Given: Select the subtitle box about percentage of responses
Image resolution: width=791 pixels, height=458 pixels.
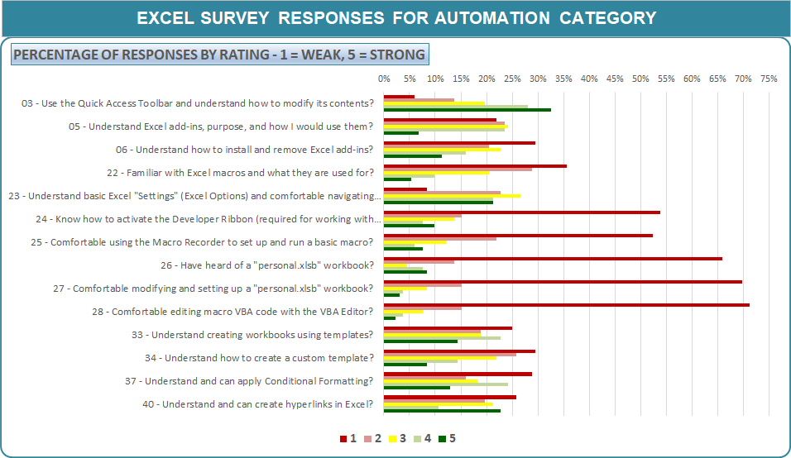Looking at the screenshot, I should click(219, 55).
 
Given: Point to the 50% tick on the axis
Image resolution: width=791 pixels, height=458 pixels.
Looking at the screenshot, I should click(640, 79).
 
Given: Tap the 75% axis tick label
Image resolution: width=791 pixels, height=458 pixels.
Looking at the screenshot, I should click(769, 79).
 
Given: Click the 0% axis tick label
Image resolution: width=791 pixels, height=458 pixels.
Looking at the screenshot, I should click(384, 79).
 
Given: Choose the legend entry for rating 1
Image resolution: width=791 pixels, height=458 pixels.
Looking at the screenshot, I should click(348, 438).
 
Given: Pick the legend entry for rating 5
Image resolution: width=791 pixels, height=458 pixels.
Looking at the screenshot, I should click(447, 438).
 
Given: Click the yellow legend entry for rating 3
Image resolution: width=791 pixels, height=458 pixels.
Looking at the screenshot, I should click(398, 438).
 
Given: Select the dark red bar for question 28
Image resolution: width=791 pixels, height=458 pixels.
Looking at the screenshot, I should click(567, 305).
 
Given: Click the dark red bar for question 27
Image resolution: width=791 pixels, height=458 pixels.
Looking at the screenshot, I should click(563, 282).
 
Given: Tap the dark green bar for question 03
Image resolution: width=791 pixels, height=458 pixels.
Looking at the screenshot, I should click(467, 110).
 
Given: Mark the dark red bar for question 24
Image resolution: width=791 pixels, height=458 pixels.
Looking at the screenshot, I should click(522, 212).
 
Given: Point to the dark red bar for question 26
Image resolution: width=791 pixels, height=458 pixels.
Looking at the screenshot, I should click(553, 259).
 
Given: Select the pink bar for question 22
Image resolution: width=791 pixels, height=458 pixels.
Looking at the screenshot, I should click(458, 169).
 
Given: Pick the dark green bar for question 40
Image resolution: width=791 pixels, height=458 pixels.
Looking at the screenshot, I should click(442, 411).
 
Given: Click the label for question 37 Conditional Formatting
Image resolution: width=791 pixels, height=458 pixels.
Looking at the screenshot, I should click(258, 381).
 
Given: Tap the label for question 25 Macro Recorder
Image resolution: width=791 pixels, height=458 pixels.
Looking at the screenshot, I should click(211, 242).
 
